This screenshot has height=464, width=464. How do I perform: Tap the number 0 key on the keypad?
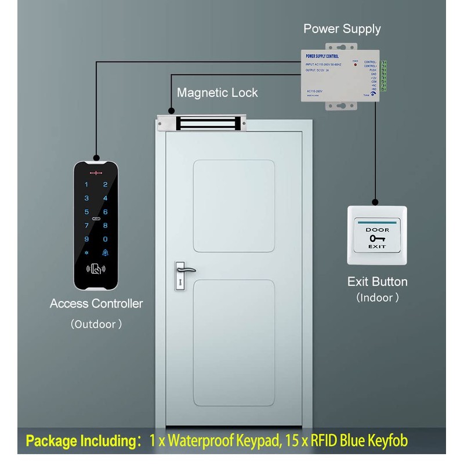pos(105,238)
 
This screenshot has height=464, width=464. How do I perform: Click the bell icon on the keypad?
pos(105,252)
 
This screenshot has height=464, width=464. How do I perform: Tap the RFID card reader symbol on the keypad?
pos(96,269)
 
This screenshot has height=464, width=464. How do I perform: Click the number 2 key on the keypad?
pos(105,184)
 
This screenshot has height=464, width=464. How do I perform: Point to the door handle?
pos(184,270)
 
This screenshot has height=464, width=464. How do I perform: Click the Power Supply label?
pos(342,28)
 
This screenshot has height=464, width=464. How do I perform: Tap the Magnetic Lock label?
pos(217,92)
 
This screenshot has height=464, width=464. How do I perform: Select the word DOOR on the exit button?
pos(375,230)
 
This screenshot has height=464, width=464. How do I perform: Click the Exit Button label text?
pos(377,282)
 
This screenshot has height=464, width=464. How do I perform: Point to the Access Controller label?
pos(96,303)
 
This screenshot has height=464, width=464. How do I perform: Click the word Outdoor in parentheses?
pos(96,324)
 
